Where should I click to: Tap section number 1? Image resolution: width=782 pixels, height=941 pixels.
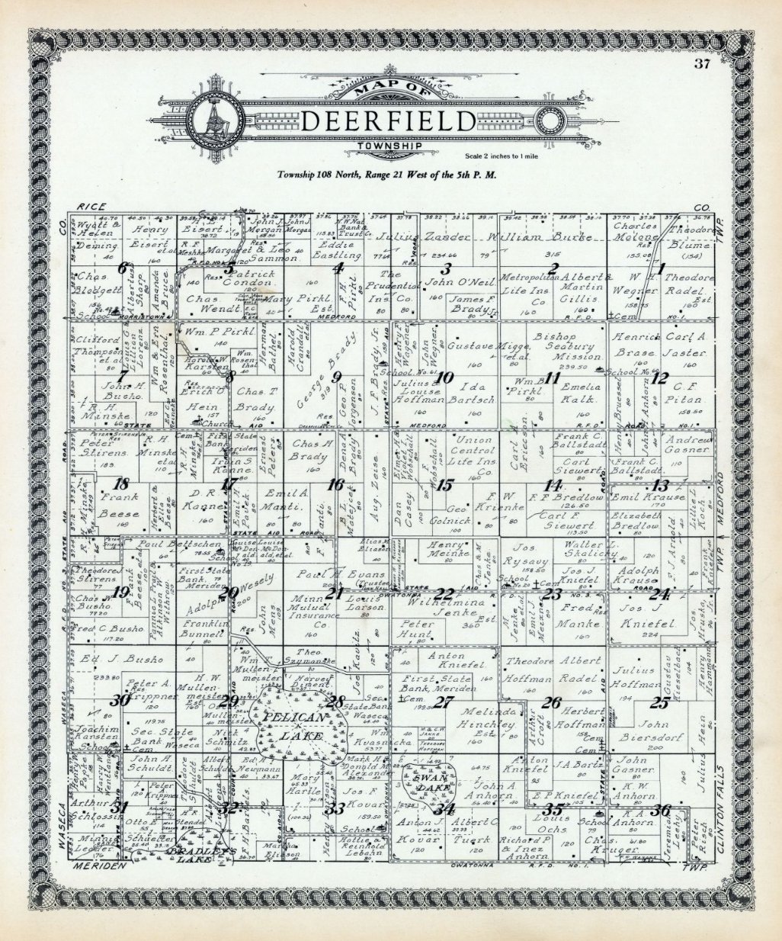662,267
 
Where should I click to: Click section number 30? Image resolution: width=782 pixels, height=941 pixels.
120,701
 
